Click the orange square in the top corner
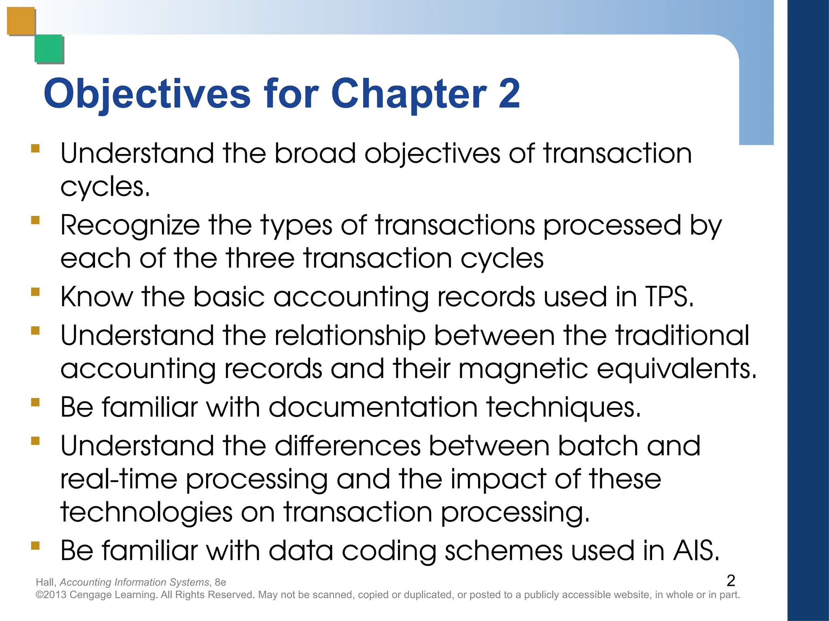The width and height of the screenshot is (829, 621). click(21, 21)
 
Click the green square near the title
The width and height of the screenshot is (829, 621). click(49, 49)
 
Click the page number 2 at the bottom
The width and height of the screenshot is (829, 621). click(731, 581)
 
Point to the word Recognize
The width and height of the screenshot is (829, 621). click(130, 226)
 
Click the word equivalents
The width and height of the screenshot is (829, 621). click(676, 370)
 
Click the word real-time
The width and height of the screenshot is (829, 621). click(119, 479)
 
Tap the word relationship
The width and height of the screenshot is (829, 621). click(350, 336)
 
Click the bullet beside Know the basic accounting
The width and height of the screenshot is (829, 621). click(36, 292)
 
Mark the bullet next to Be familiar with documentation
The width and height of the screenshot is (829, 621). click(36, 402)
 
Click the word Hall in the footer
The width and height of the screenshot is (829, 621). click(45, 582)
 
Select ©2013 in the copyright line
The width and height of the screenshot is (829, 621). click(51, 595)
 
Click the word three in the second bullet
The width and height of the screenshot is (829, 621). click(260, 259)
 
